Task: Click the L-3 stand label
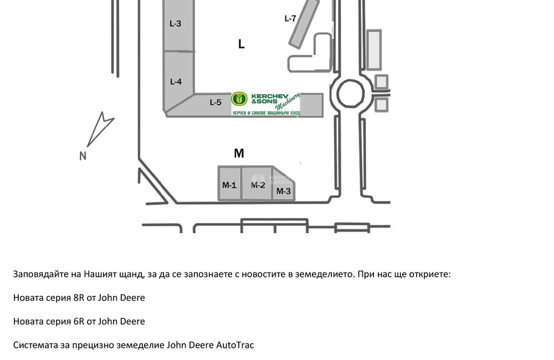(x=175, y=24)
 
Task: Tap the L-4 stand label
(x=176, y=81)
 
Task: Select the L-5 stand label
(x=215, y=102)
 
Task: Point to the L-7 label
(x=290, y=18)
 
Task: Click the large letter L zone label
(x=242, y=44)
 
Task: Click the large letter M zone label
(x=239, y=153)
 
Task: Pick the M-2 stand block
(x=257, y=183)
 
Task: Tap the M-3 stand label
(x=283, y=191)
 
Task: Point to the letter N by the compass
(x=83, y=156)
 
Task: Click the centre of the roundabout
(x=351, y=94)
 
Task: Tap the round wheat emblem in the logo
(x=239, y=99)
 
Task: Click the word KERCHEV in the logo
(x=270, y=96)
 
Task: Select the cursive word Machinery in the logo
(x=288, y=101)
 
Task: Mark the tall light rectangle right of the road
(x=374, y=50)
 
